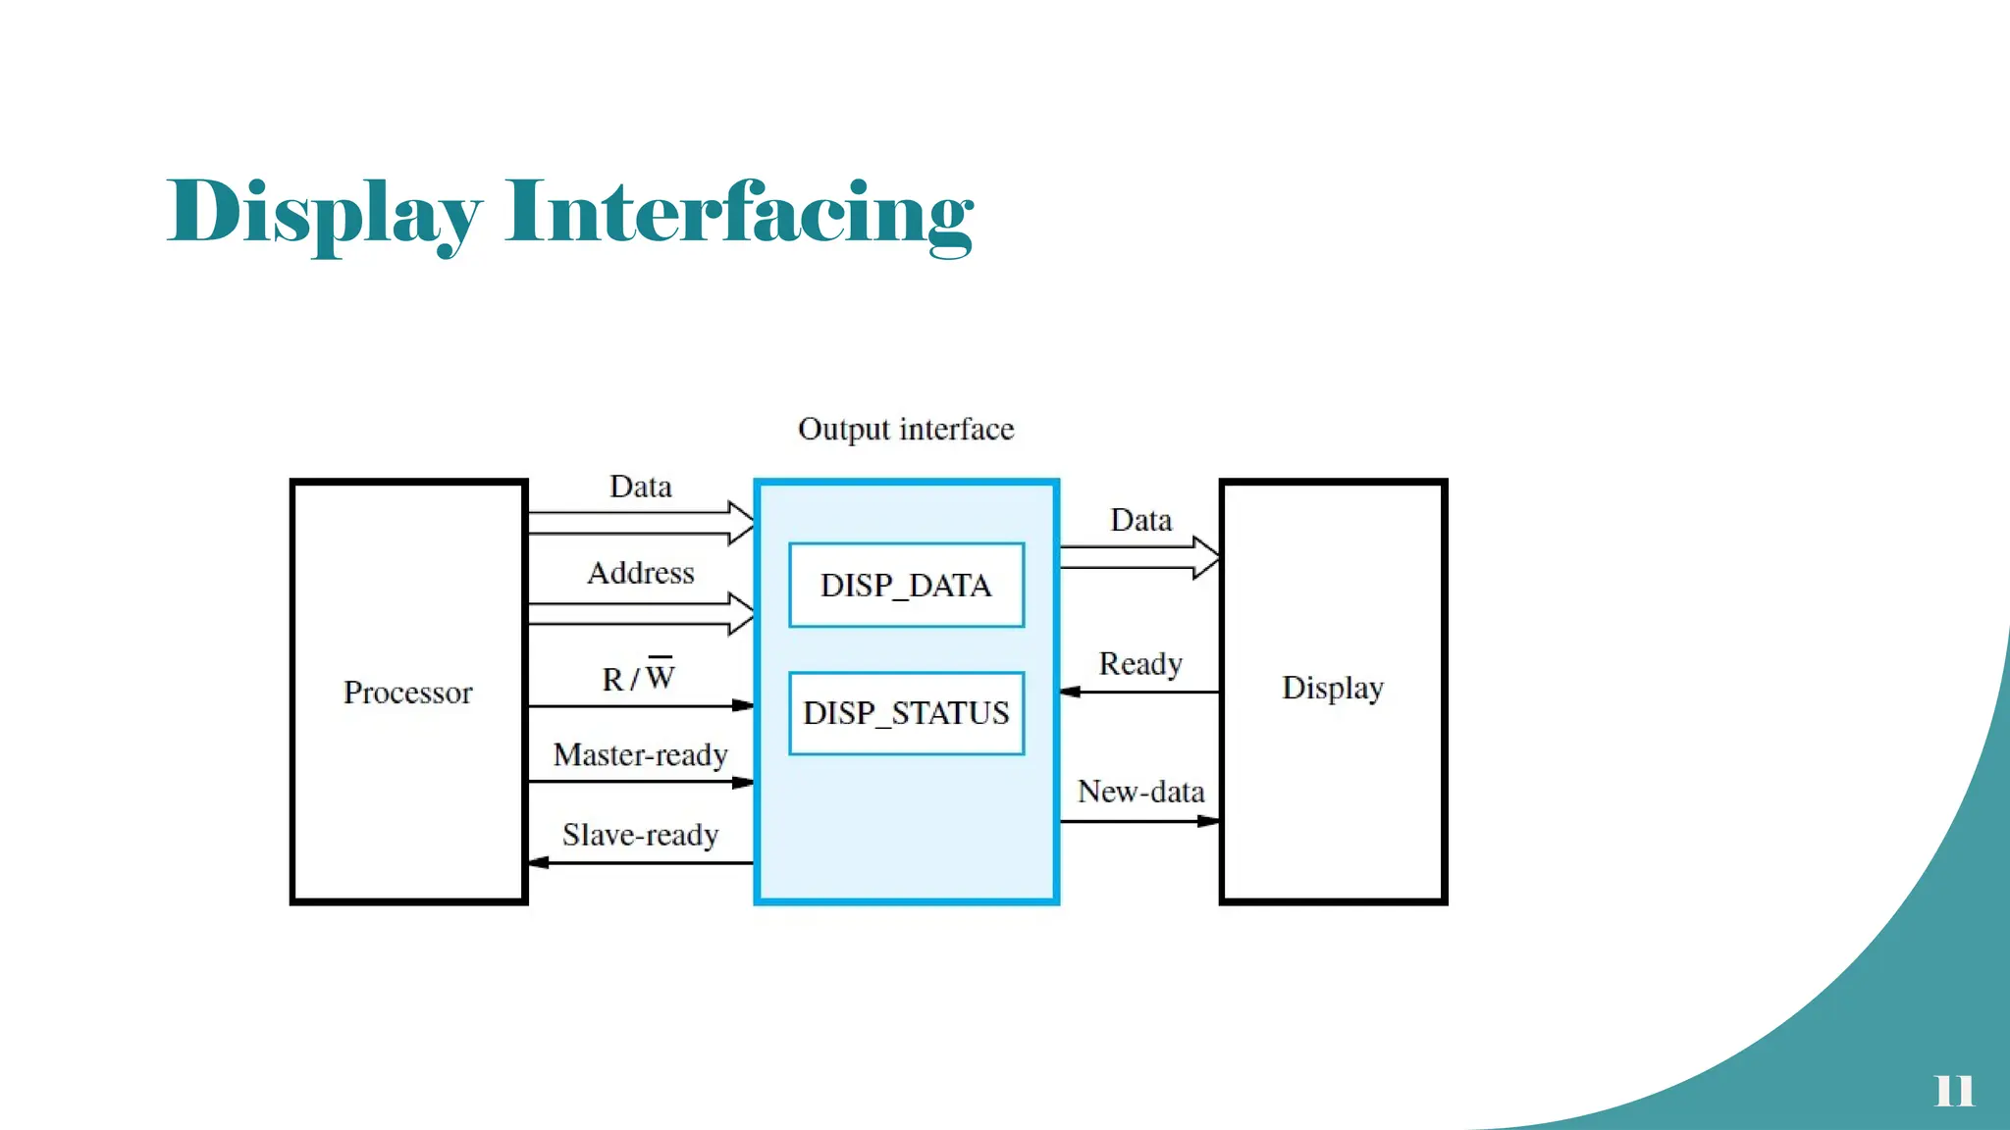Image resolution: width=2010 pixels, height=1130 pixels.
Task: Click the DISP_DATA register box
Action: tap(906, 586)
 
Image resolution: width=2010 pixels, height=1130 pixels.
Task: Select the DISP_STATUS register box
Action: tap(906, 713)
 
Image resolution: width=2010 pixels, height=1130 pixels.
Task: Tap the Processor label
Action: tap(407, 693)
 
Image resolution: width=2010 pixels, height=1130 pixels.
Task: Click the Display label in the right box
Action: tap(1332, 688)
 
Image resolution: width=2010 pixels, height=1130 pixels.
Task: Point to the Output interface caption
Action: tap(905, 430)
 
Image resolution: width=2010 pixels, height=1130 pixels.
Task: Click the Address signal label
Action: tap(640, 573)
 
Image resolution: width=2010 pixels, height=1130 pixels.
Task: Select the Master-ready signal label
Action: tap(640, 755)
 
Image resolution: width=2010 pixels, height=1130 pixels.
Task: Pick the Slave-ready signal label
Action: tap(640, 835)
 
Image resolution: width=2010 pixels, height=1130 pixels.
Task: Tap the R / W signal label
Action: tap(638, 677)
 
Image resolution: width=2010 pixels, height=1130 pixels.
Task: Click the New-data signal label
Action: tap(1140, 792)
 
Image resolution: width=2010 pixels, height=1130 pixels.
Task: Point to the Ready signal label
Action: tap(1139, 664)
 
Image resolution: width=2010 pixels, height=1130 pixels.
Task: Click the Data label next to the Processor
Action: tap(640, 487)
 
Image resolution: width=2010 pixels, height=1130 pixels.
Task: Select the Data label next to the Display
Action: tap(1140, 520)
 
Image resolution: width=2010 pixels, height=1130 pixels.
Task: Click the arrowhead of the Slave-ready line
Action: tap(538, 863)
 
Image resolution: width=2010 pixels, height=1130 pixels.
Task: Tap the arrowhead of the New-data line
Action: tap(1209, 821)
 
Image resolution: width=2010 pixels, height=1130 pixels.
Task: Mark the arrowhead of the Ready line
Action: tap(1071, 692)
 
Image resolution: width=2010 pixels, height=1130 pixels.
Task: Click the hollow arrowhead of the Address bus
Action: tap(742, 614)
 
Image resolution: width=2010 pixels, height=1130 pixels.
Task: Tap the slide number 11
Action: tap(1953, 1090)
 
